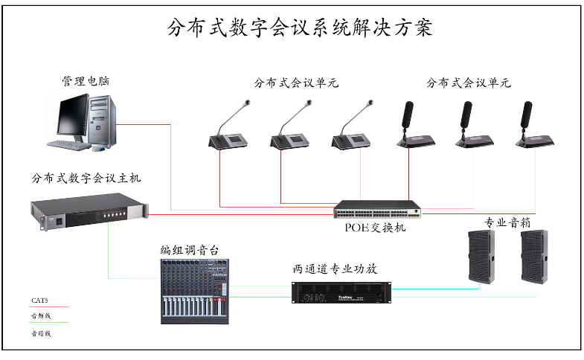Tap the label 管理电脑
pos(85,80)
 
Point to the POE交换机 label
pos(375,228)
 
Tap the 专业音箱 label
pos(509,222)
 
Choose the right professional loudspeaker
pos(534,256)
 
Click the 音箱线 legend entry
pos(40,334)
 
